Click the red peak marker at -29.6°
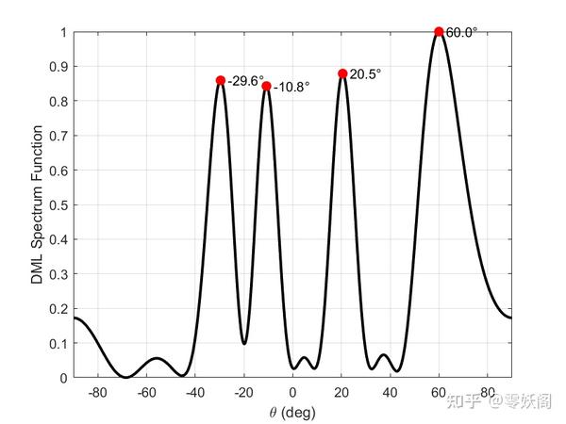[x=221, y=80]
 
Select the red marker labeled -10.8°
[x=266, y=86]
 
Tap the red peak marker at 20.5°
[x=342, y=73]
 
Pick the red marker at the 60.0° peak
[x=439, y=32]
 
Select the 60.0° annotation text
[x=461, y=32]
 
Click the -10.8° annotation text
[x=291, y=87]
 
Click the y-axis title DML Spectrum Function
[x=35, y=204]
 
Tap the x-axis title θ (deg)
[x=292, y=412]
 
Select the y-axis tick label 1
[x=63, y=32]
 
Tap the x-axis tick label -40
[x=194, y=392]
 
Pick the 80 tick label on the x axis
[x=487, y=392]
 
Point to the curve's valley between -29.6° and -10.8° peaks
[x=244, y=343]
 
